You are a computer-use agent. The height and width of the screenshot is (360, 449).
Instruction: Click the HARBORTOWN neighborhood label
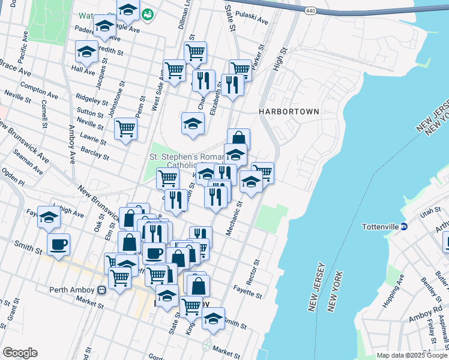[x=289, y=112]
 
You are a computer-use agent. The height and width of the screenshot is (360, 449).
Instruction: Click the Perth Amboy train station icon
[x=102, y=290]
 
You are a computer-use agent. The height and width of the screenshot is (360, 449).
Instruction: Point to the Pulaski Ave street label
[x=252, y=16]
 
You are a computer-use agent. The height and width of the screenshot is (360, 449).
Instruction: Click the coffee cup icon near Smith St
[x=59, y=244]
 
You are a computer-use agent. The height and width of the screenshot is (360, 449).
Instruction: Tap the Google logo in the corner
[x=20, y=353]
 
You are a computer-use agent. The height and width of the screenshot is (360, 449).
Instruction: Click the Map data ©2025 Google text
[x=411, y=355]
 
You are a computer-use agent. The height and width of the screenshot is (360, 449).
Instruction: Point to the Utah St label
[x=430, y=212]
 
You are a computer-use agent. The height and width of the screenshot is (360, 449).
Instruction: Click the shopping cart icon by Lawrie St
[x=126, y=128]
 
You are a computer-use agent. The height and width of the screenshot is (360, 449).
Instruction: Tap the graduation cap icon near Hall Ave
[x=86, y=52]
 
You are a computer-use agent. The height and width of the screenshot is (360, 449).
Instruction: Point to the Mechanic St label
[x=234, y=218]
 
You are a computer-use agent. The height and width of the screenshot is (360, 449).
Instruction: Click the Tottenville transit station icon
[x=405, y=227]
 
